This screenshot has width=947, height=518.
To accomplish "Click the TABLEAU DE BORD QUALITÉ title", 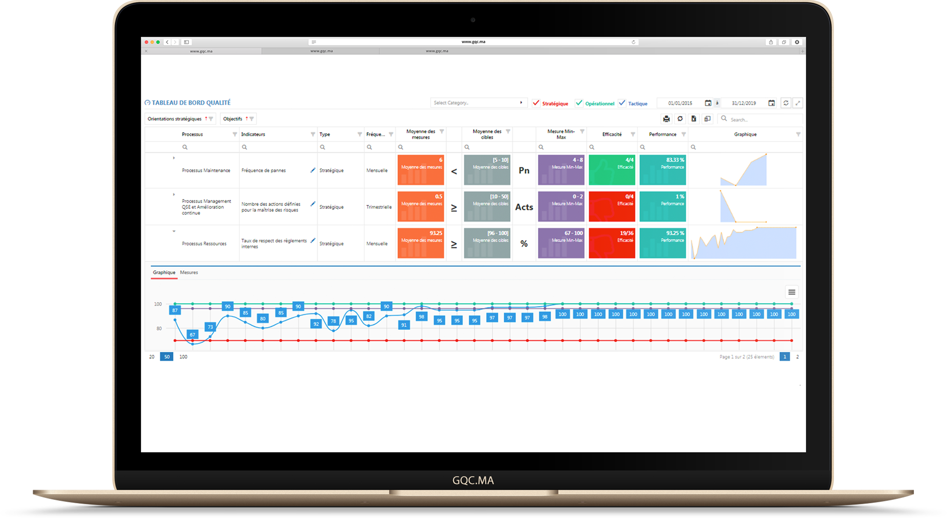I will [191, 103].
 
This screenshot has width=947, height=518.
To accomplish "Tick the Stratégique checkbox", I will [536, 103].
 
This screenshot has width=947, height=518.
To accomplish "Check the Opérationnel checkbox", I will [579, 103].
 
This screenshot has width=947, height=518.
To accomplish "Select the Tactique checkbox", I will [622, 103].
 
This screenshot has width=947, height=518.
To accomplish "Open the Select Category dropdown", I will [478, 103].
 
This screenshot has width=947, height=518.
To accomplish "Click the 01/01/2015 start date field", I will [680, 103].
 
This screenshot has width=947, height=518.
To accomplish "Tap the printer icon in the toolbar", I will [666, 119].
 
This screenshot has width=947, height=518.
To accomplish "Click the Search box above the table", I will [761, 120].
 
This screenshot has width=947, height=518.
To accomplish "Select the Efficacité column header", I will [612, 134].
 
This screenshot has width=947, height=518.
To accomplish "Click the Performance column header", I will [662, 134].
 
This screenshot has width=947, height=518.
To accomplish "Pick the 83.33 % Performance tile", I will [662, 170].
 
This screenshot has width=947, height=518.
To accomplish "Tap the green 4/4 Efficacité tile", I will [612, 170].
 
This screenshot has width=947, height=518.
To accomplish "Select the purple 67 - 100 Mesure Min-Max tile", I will [561, 243].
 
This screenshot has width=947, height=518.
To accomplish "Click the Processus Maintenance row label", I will [206, 170].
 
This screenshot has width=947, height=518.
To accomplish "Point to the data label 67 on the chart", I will [192, 335].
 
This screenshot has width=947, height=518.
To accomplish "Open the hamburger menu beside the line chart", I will [791, 292].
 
